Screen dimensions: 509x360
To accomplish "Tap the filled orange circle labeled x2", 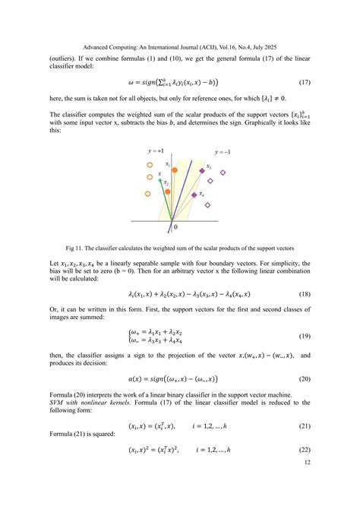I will click(172, 190).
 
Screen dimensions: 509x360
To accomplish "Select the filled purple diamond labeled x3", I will click(203, 172).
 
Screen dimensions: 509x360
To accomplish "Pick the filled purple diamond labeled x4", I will click(194, 195).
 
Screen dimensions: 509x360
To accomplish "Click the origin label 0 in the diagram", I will click(176, 227).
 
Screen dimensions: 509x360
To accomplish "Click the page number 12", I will click(306, 463).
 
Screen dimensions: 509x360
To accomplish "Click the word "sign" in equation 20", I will click(157, 378).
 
